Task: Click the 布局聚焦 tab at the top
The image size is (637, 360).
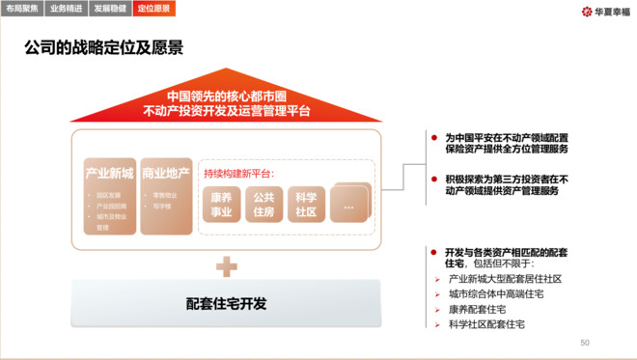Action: click(x=22, y=9)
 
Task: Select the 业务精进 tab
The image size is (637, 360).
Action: click(x=66, y=9)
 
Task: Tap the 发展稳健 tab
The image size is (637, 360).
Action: click(x=109, y=9)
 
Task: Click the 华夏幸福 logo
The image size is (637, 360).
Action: click(x=599, y=12)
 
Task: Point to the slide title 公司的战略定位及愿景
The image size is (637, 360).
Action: click(x=104, y=47)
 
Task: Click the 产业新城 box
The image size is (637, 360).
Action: click(x=109, y=195)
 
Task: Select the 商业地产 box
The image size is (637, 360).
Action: click(x=166, y=195)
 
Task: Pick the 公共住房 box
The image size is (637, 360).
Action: click(x=263, y=204)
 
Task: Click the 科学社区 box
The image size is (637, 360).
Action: click(x=306, y=204)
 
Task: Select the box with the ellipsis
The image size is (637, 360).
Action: click(x=348, y=204)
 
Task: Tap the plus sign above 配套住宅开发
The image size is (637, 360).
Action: click(x=226, y=264)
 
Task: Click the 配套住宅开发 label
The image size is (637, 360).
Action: click(x=226, y=303)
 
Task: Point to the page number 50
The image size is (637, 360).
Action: click(x=584, y=343)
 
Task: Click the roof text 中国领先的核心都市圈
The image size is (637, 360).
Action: click(x=226, y=97)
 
